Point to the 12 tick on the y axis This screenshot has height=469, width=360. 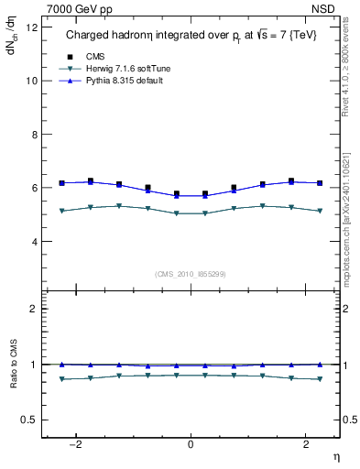coord(33,27)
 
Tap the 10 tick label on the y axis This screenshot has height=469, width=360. coord(33,81)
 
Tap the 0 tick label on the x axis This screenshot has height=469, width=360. coord(191,444)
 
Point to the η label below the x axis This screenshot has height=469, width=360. coord(335,455)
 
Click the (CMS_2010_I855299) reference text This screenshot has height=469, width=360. coord(191,274)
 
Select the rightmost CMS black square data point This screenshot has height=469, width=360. coord(320,183)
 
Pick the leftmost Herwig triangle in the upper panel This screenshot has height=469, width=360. coord(61,212)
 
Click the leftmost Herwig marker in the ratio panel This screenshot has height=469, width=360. coord(61,379)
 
